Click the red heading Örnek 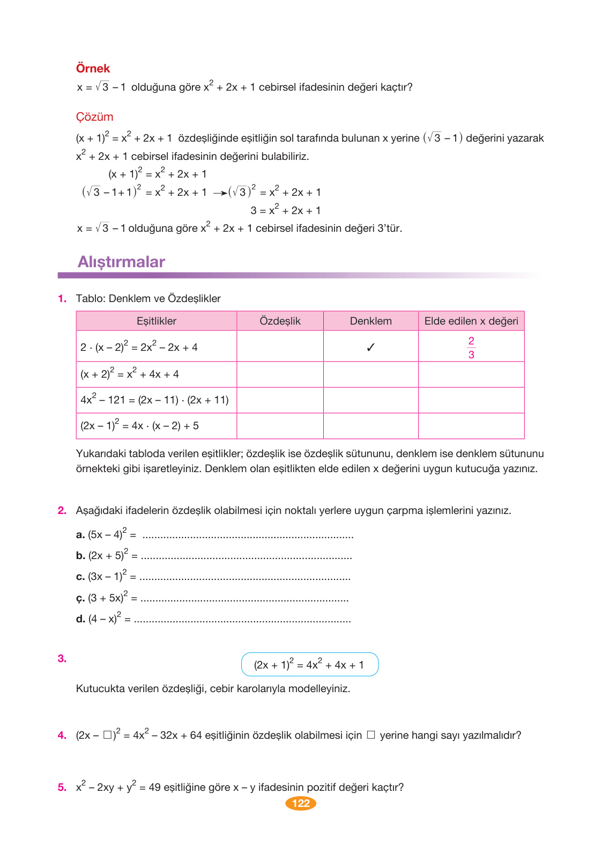point(93,69)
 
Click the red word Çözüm point(94,117)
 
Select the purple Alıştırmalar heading point(121,262)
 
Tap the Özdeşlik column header point(280,321)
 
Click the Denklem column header point(370,321)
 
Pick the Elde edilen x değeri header point(471,321)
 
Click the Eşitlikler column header point(156,321)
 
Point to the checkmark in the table point(370,347)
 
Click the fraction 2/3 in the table point(471,348)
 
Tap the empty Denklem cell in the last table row point(370,425)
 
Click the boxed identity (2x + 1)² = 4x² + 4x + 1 point(309,665)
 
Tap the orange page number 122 point(301,803)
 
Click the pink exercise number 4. point(62,735)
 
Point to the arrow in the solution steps point(219,193)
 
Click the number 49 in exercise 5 point(154,787)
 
